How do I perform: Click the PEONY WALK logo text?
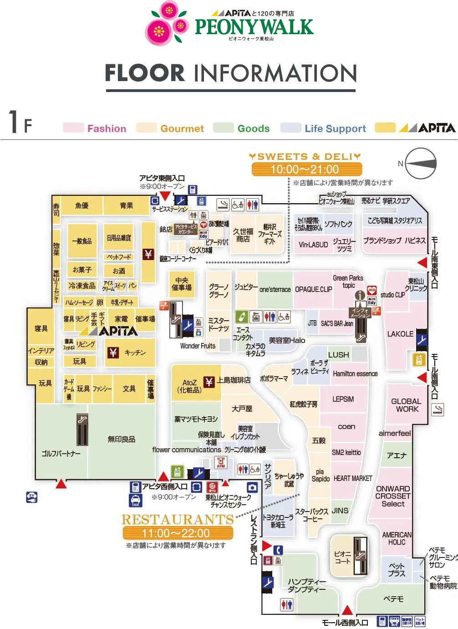pos(254,27)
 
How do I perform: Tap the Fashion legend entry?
pos(107,129)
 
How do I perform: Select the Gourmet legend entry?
pos(182,129)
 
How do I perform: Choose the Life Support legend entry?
pos(335,129)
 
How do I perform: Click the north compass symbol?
pos(421,164)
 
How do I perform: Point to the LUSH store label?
pos(338,355)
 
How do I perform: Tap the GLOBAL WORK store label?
pos(407,405)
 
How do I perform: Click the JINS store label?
pos(340,511)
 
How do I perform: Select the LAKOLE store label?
pos(400,334)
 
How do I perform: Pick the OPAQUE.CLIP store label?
pos(313,289)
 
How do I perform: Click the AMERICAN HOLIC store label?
pos(397,538)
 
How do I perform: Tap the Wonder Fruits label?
pos(198,346)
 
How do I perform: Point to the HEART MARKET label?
pos(353,478)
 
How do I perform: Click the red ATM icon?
pos(221,462)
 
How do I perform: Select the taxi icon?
pos(136,500)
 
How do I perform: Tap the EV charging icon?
pos(32,497)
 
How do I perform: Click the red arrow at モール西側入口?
pos(347,610)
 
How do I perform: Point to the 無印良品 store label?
pos(121,439)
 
